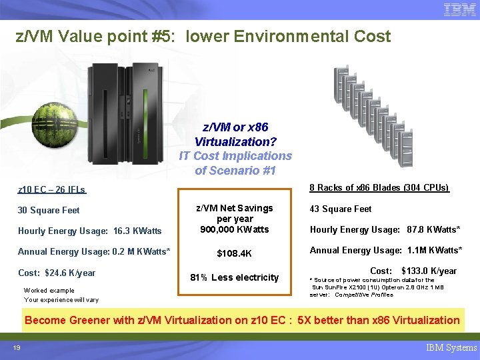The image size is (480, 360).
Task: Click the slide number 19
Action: coord(17,347)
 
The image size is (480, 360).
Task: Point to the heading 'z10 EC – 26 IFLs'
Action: coord(51,190)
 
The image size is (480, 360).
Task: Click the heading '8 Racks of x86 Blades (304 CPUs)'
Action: coord(379,188)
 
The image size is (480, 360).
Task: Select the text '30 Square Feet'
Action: coord(49,210)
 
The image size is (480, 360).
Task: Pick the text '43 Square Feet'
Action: coord(341,209)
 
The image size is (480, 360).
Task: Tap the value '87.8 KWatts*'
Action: coord(434,229)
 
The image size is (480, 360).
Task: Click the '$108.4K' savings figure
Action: coord(235,253)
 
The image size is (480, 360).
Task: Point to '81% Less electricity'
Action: coord(235,277)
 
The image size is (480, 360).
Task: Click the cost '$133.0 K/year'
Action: coord(429,271)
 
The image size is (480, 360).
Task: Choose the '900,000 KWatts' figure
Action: coord(235,229)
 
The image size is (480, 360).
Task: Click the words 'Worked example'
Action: coord(49,290)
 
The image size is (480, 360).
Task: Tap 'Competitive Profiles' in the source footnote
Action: coord(364,294)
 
